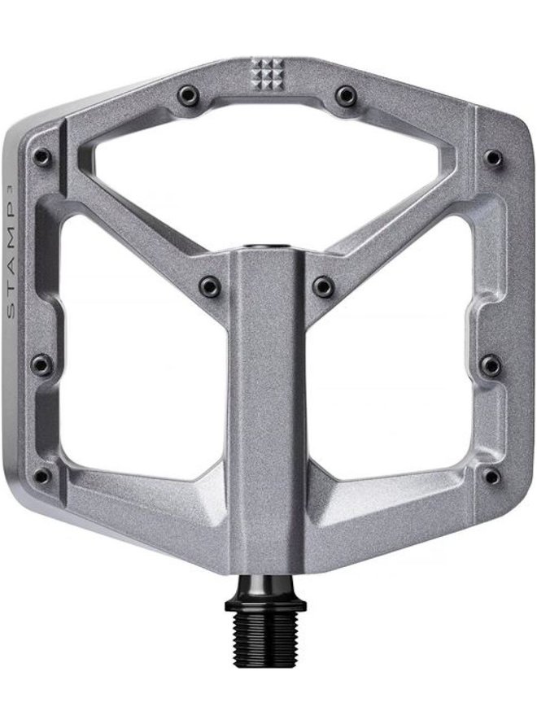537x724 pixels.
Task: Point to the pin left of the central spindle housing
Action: click(209, 286)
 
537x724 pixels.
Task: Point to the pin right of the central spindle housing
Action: click(323, 286)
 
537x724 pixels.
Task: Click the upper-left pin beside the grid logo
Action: click(189, 95)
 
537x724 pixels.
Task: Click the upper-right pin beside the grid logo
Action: click(345, 94)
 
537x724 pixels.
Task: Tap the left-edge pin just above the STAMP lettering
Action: click(42, 157)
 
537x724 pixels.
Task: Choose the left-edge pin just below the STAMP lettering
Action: click(41, 364)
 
